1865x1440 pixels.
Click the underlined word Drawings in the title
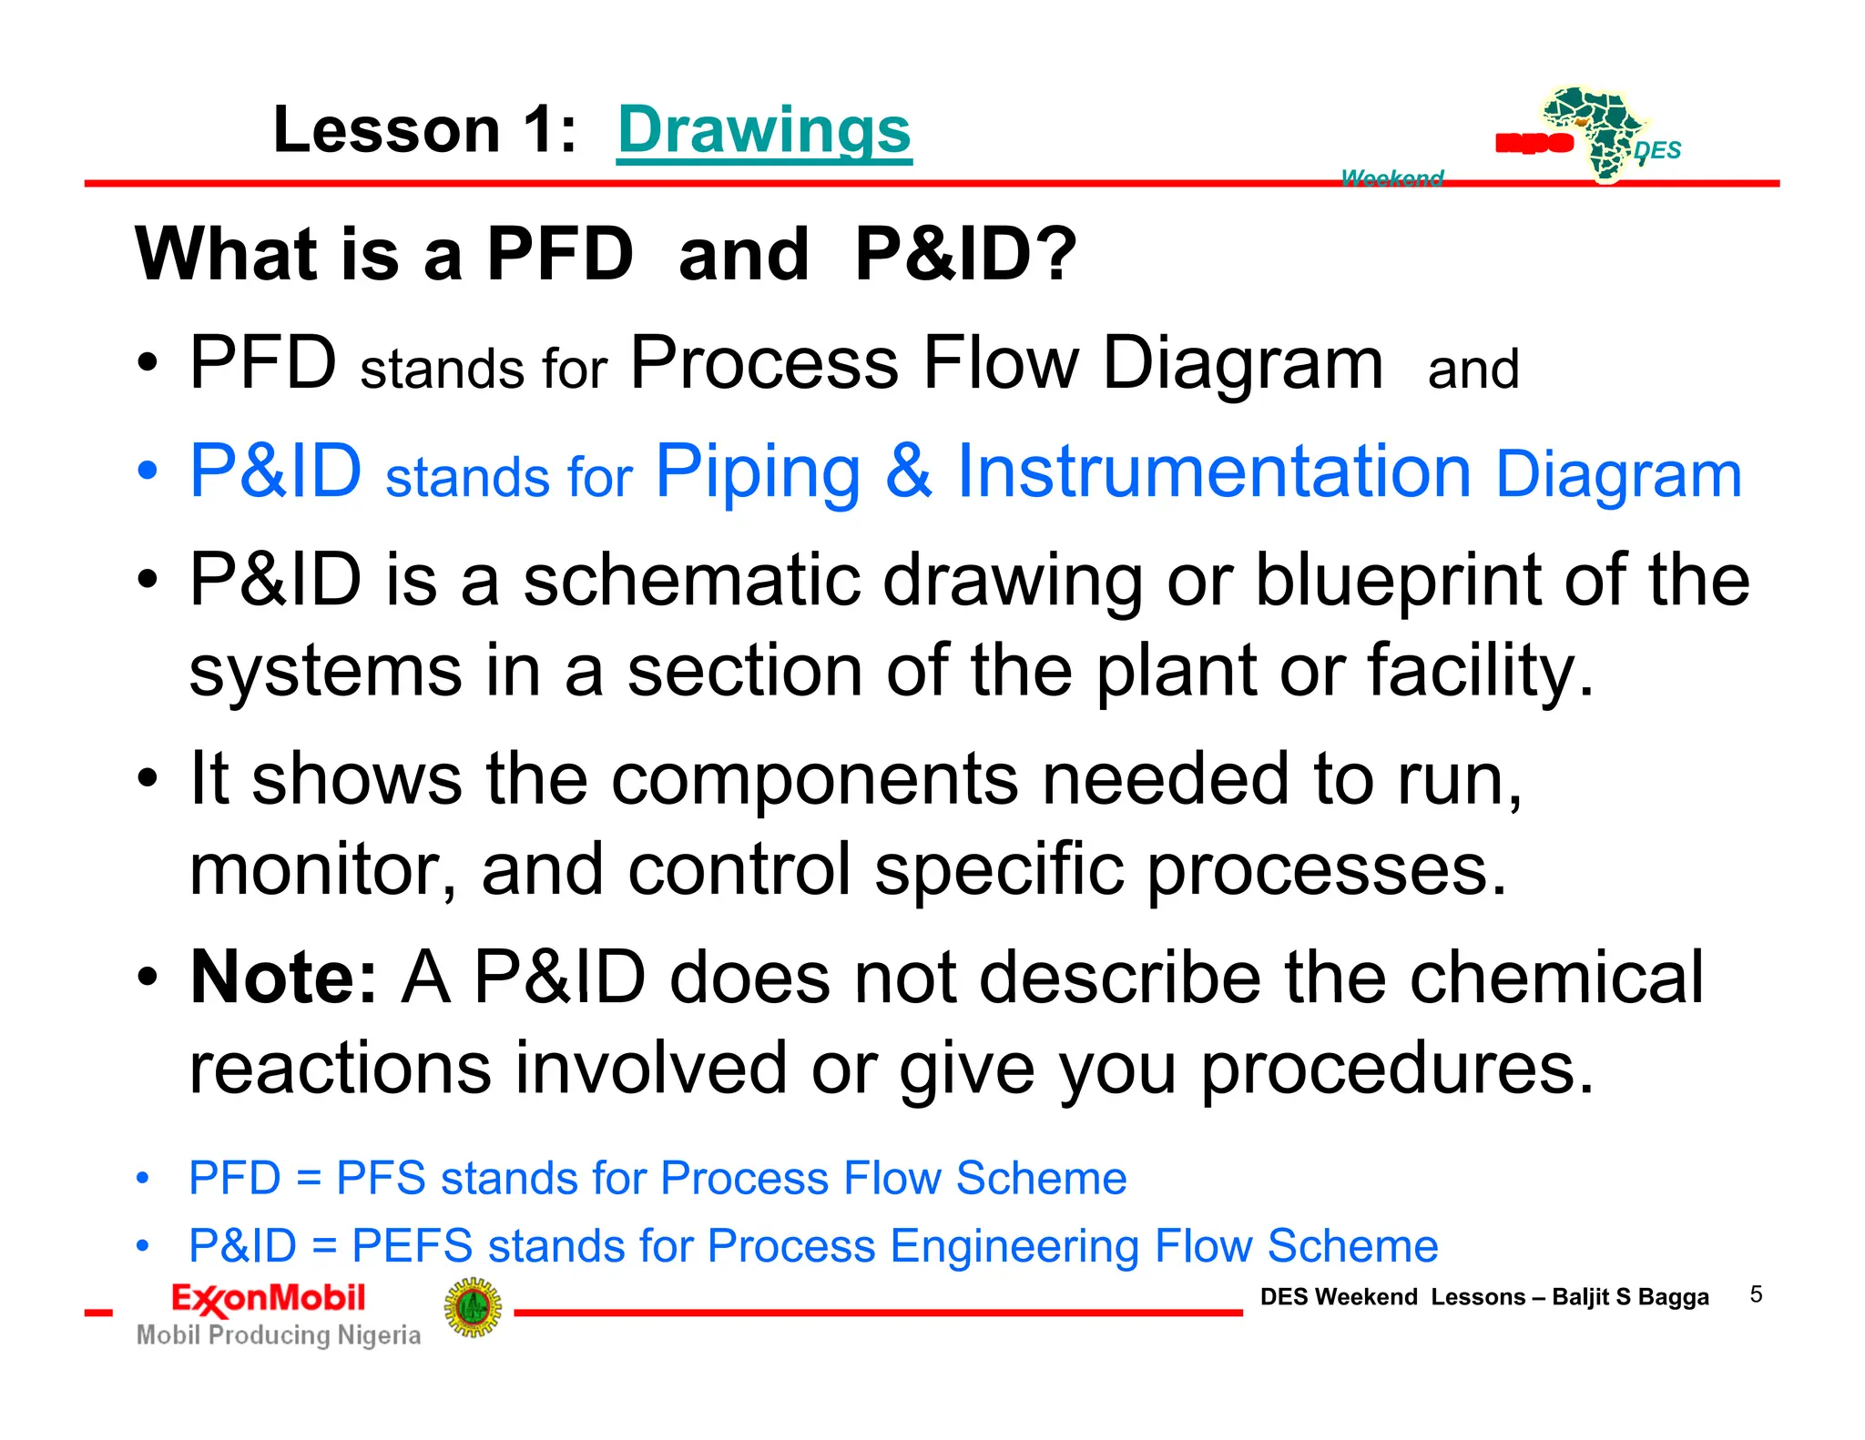(x=764, y=129)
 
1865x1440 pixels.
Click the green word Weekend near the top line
(x=1391, y=177)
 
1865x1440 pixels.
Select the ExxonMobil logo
(x=269, y=1299)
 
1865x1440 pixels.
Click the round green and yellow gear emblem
(x=473, y=1308)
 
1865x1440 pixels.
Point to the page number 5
(x=1756, y=1294)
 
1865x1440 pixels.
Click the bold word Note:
(x=283, y=978)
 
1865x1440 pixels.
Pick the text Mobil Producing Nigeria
(x=279, y=1335)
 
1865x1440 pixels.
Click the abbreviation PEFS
(x=412, y=1245)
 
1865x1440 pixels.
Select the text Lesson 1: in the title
(x=424, y=129)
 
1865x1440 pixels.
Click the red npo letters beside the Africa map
(x=1534, y=143)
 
